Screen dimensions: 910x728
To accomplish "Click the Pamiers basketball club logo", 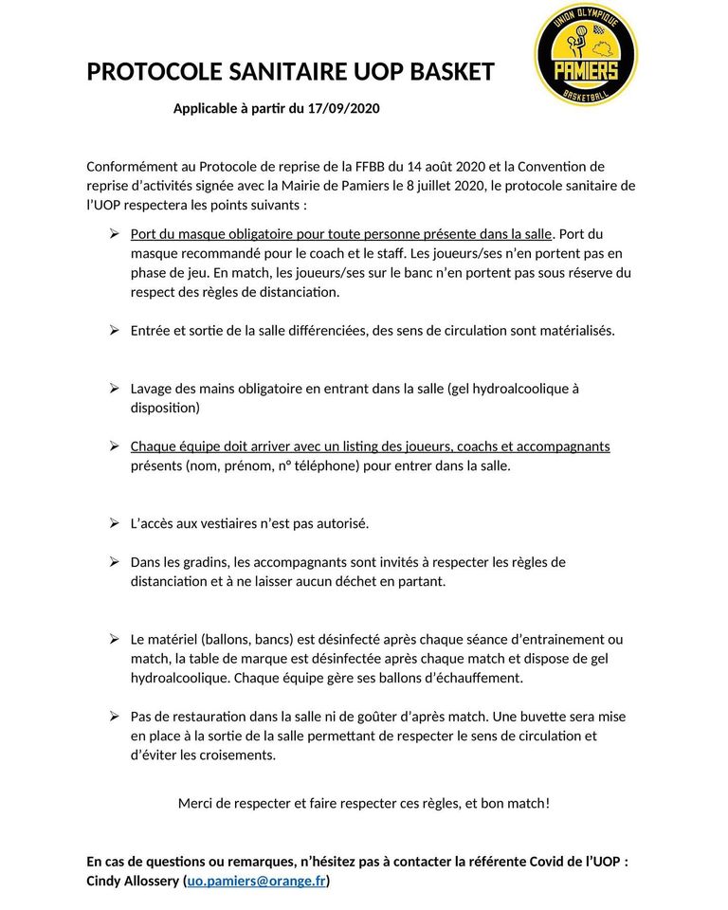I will coord(585,55).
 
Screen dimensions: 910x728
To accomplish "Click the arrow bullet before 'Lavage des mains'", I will coord(113,389).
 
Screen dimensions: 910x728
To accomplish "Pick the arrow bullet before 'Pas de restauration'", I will coord(113,717).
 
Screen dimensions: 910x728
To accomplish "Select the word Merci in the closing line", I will coord(196,803).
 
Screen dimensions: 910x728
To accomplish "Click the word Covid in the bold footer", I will coord(527,862).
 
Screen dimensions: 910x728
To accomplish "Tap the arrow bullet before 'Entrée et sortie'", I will coord(113,331).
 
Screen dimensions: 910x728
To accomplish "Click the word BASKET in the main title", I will coord(450,72).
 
